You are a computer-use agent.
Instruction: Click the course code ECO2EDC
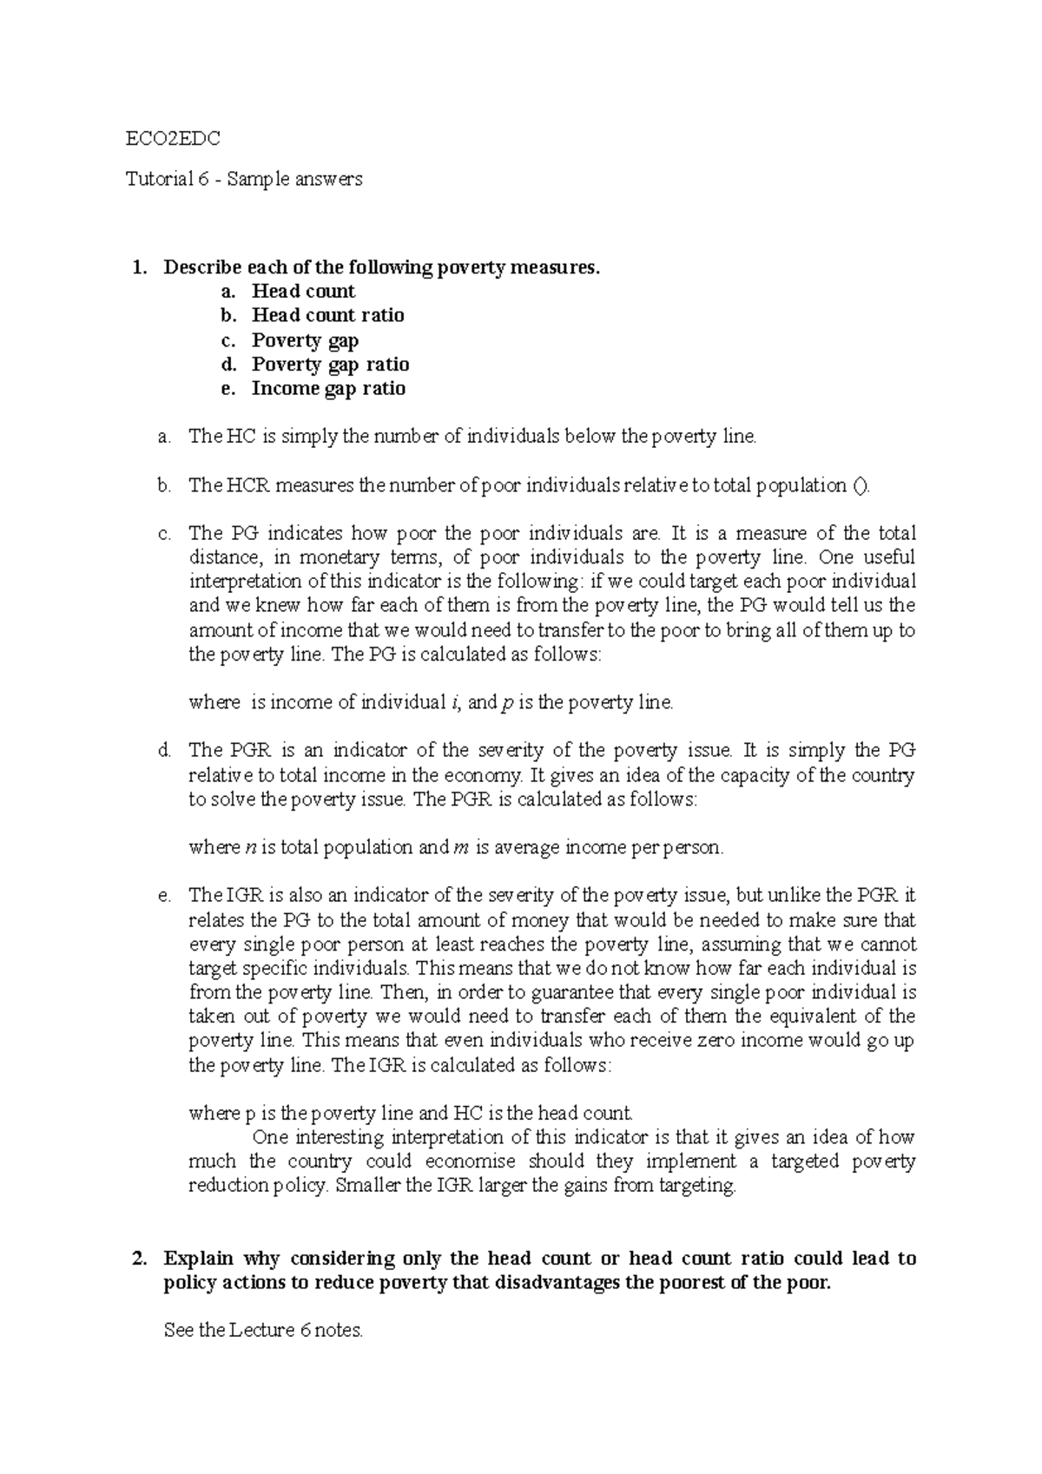coord(173,138)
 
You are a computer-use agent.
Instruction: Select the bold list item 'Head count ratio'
coord(327,315)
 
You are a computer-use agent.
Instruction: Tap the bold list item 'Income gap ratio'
coord(328,388)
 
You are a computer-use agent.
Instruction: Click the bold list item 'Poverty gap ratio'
coord(330,364)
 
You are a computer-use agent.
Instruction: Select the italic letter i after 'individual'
coord(456,702)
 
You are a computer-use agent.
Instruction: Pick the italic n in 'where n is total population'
coord(243,847)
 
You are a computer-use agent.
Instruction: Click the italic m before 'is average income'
coord(461,847)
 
